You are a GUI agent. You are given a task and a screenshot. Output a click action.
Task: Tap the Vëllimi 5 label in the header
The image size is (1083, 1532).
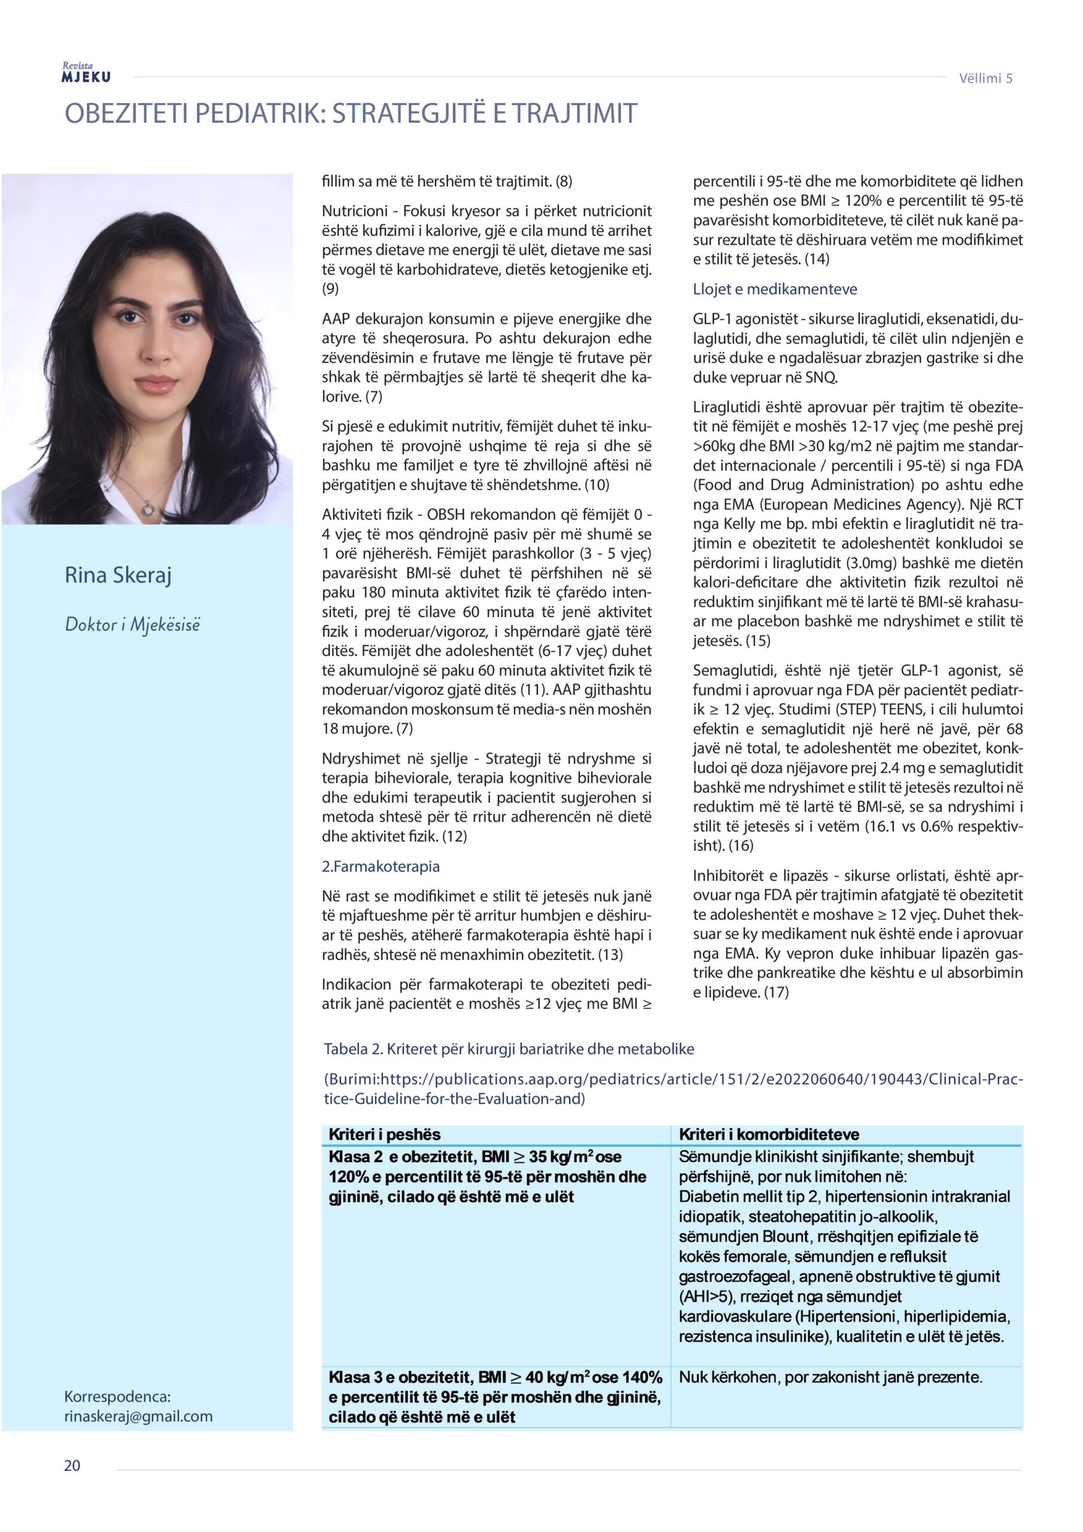(985, 78)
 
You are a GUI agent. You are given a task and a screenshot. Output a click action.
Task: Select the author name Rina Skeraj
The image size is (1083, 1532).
(118, 574)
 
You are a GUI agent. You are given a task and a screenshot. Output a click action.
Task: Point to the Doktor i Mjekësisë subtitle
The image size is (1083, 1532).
(132, 625)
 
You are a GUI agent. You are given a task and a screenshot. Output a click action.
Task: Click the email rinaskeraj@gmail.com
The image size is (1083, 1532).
(138, 1416)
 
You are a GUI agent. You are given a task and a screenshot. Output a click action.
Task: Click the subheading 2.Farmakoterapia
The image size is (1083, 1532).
(381, 866)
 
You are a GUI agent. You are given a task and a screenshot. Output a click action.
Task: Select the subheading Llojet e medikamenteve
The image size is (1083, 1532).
(775, 289)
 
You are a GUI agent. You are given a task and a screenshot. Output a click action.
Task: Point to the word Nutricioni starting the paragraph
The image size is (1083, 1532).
(358, 211)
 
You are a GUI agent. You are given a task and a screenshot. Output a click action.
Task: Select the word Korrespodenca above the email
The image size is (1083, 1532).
(117, 1397)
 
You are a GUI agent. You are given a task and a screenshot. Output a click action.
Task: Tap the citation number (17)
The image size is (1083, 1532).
(776, 992)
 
